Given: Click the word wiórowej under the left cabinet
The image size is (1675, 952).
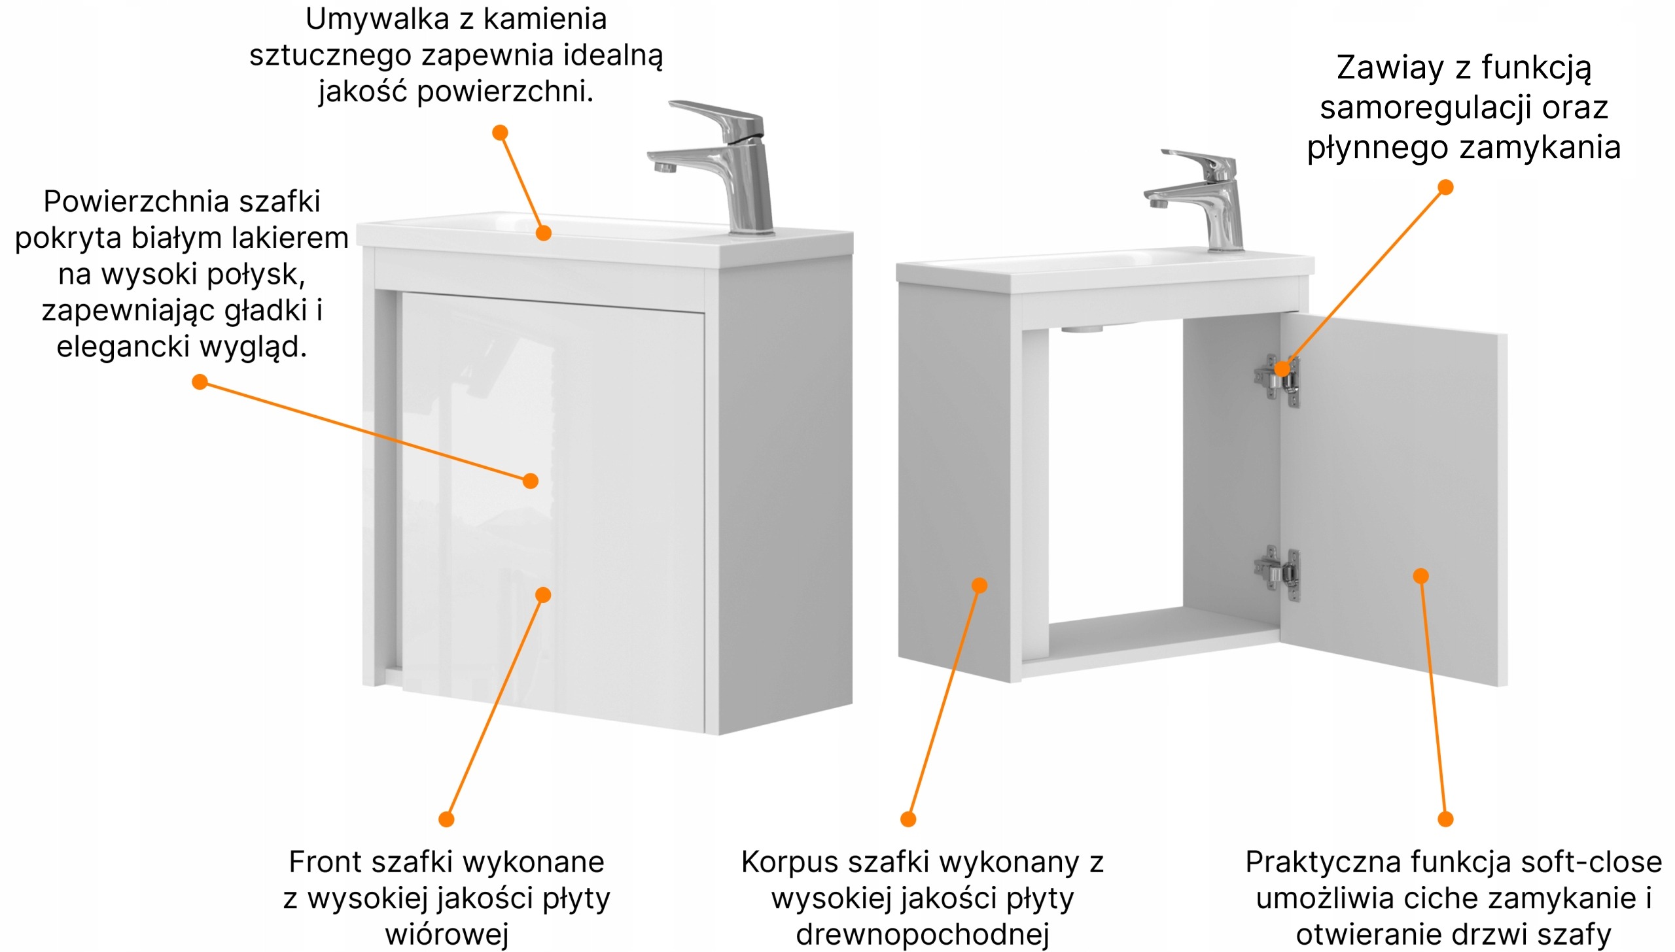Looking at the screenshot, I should coord(447,934).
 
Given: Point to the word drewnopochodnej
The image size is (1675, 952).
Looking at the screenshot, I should coord(923,934).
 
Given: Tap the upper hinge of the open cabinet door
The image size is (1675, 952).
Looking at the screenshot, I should coord(1277,379).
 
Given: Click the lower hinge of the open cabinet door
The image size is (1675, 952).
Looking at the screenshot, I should coord(1277,571).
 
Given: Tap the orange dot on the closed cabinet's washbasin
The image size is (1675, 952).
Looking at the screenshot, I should coord(543,233).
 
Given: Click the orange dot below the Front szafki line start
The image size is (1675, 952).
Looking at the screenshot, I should coord(446,819).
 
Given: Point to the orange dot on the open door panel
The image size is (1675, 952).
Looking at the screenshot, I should coord(1420,576).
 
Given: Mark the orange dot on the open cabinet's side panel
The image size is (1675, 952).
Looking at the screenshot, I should coord(979,585).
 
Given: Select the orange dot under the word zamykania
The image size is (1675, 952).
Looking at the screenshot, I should coord(1445,188).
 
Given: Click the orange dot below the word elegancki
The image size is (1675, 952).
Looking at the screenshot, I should coord(200,382).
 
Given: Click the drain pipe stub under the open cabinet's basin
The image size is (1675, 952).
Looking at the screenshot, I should coord(1082,329).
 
